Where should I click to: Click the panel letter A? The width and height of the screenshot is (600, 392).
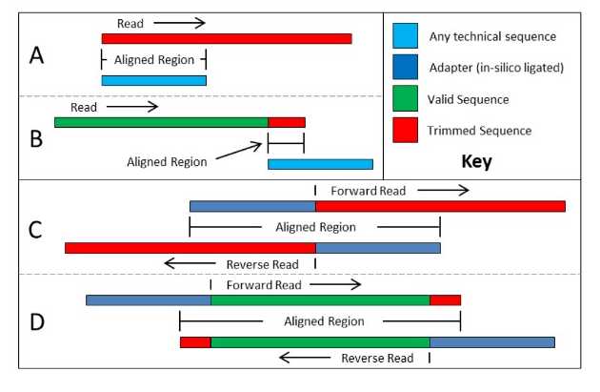[36, 55]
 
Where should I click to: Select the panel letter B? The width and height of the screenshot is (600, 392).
[36, 139]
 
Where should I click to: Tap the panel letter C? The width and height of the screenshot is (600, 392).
[35, 229]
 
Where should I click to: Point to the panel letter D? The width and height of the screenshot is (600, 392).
[36, 320]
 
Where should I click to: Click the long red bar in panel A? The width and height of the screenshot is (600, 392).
[227, 38]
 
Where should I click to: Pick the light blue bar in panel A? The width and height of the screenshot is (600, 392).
[153, 80]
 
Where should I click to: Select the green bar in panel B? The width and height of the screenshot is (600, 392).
[161, 122]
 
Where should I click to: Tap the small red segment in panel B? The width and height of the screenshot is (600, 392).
[287, 122]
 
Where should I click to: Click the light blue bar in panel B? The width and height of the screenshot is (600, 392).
[320, 164]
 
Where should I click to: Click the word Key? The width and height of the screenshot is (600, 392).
[476, 161]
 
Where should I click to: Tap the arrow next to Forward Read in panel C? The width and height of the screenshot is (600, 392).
[443, 191]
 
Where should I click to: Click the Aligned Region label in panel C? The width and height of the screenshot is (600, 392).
[315, 228]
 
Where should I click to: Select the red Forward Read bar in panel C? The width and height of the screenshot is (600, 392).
[440, 206]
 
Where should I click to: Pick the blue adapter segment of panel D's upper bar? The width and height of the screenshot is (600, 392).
[148, 299]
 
